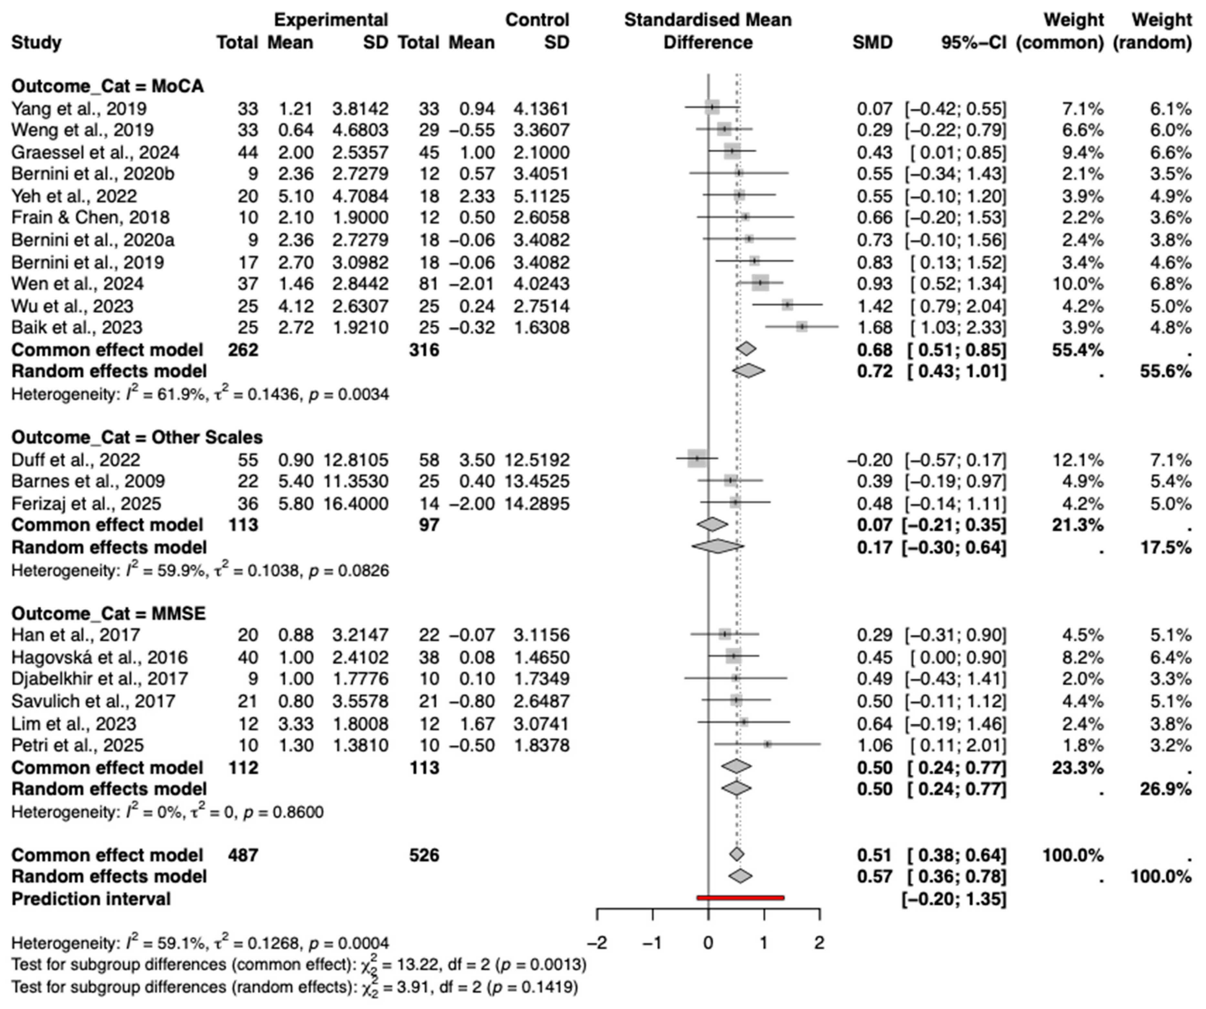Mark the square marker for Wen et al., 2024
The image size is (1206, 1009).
[760, 283]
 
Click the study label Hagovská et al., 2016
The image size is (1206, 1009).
[99, 657]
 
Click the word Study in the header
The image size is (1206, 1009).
[36, 43]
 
